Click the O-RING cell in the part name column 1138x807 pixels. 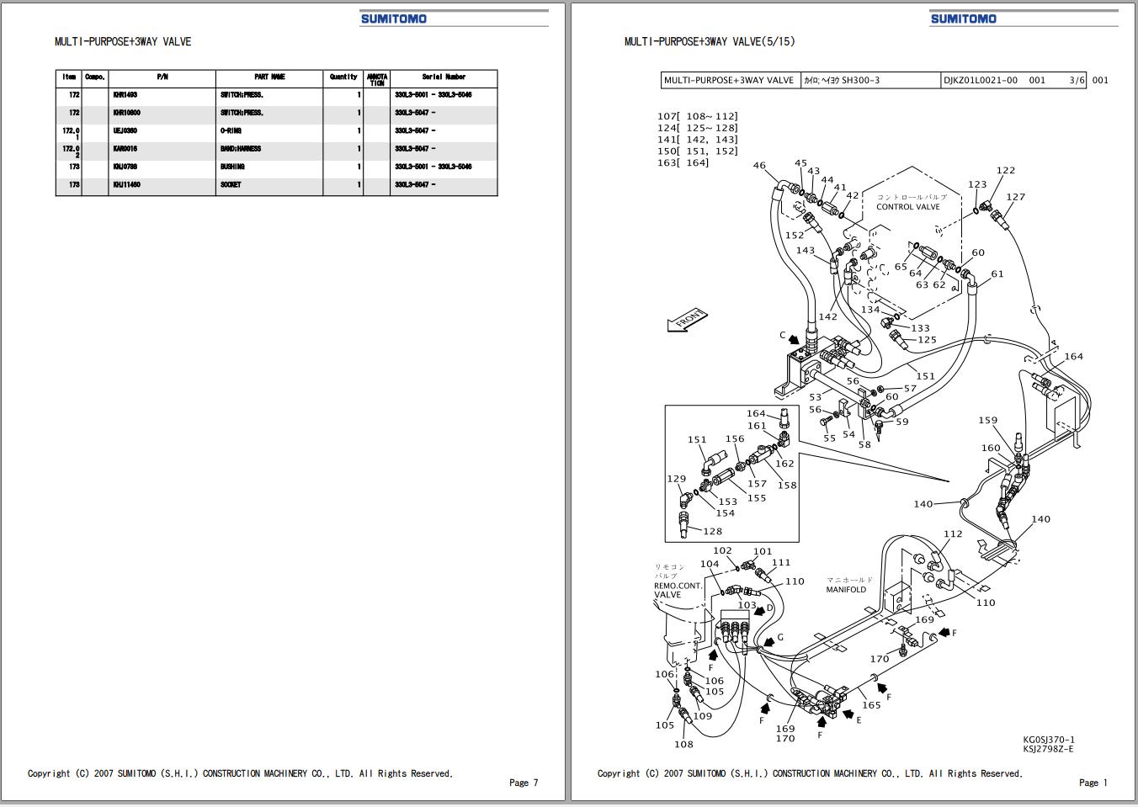pos(231,131)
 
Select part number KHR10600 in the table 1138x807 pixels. pos(127,113)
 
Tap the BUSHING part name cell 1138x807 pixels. pos(232,167)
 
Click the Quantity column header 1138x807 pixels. pos(343,77)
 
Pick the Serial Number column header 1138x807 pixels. pos(444,77)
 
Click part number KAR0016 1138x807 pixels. pos(125,149)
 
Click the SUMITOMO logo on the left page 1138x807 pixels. pos(394,19)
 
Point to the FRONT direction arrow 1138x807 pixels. pos(687,321)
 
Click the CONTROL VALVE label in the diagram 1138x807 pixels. pos(907,207)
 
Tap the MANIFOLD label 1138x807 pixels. pos(846,590)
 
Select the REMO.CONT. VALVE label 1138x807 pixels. pos(678,590)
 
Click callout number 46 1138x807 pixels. pos(759,166)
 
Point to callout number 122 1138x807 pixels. pos(1005,170)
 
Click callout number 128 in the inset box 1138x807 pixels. pos(712,531)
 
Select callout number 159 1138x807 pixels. pos(987,421)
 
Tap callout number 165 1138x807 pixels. pos(871,705)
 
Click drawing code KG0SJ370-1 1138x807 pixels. pos(1049,740)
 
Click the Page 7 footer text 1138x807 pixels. pos(523,783)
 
